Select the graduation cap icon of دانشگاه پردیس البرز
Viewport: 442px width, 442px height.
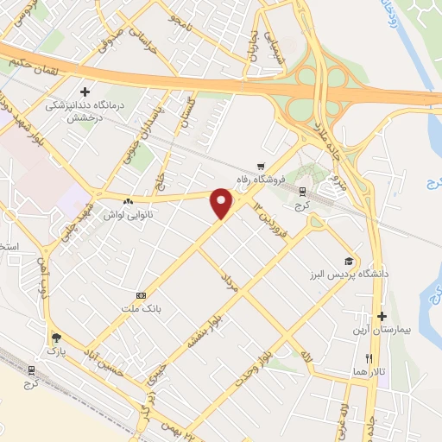tap(349, 261)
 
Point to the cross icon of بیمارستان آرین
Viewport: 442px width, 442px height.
tap(382, 317)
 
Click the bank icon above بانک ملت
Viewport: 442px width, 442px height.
tap(141, 294)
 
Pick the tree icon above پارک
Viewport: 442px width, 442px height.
tap(56, 338)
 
